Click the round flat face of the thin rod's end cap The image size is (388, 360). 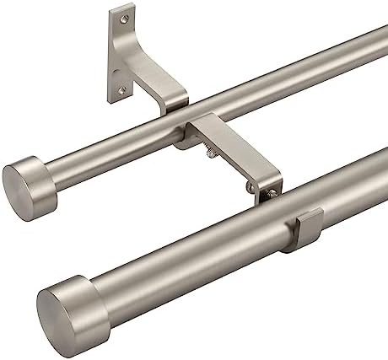pyautogui.click(x=19, y=181)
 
